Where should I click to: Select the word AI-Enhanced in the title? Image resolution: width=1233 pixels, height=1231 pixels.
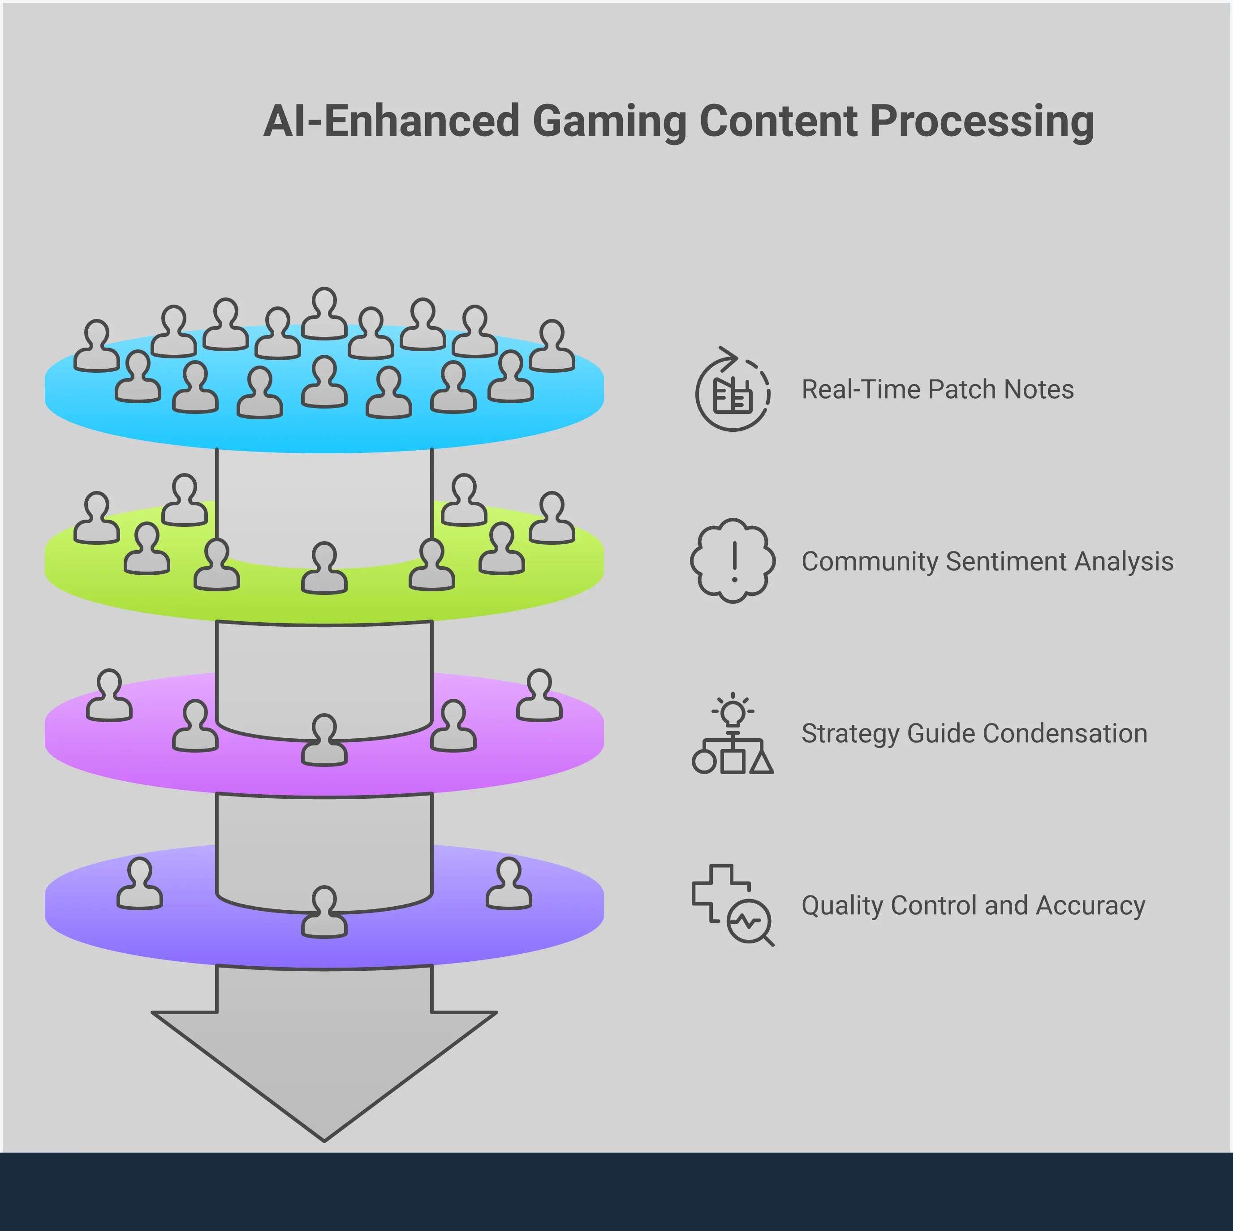[391, 121]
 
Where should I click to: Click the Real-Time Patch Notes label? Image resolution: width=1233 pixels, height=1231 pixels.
[937, 389]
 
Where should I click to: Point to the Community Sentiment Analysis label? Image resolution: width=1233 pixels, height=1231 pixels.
[987, 562]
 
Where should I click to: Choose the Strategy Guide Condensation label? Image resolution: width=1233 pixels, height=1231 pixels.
[974, 733]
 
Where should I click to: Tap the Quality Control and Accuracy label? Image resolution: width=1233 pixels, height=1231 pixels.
[973, 905]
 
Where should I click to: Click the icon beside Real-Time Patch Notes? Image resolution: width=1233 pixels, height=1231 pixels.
[732, 389]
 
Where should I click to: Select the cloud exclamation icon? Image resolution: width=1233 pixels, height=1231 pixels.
[733, 560]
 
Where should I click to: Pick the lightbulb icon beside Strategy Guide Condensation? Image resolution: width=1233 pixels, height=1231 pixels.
[733, 711]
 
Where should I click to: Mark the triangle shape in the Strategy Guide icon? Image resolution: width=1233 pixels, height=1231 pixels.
[761, 762]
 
